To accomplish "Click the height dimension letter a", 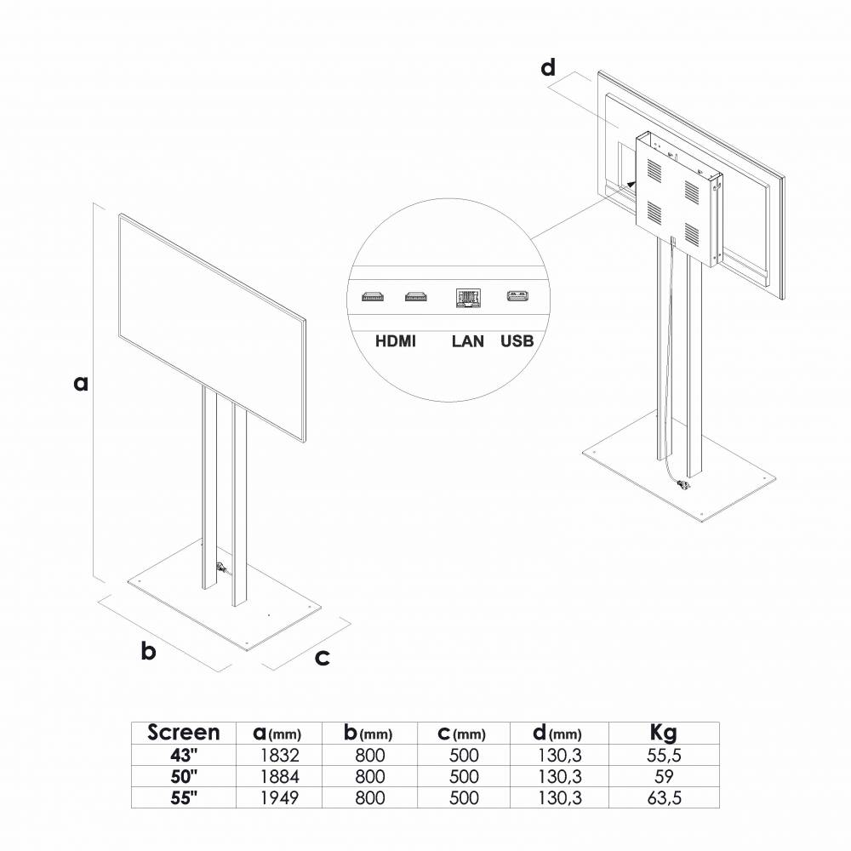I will (80, 384).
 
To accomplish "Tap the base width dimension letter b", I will (148, 652).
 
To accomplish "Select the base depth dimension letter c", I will (323, 657).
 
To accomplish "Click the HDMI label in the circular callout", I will (396, 341).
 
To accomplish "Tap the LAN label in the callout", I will (468, 341).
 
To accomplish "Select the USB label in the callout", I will (517, 341).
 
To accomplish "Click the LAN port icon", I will (468, 298).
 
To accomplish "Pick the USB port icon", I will (517, 297).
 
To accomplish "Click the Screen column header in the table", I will (184, 733).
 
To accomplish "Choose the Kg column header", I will (663, 733).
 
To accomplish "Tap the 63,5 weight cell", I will (663, 797).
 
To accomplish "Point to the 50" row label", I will (184, 776).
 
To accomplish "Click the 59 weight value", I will (663, 776).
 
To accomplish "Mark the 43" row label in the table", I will (184, 755).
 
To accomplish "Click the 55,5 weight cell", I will (663, 755).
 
